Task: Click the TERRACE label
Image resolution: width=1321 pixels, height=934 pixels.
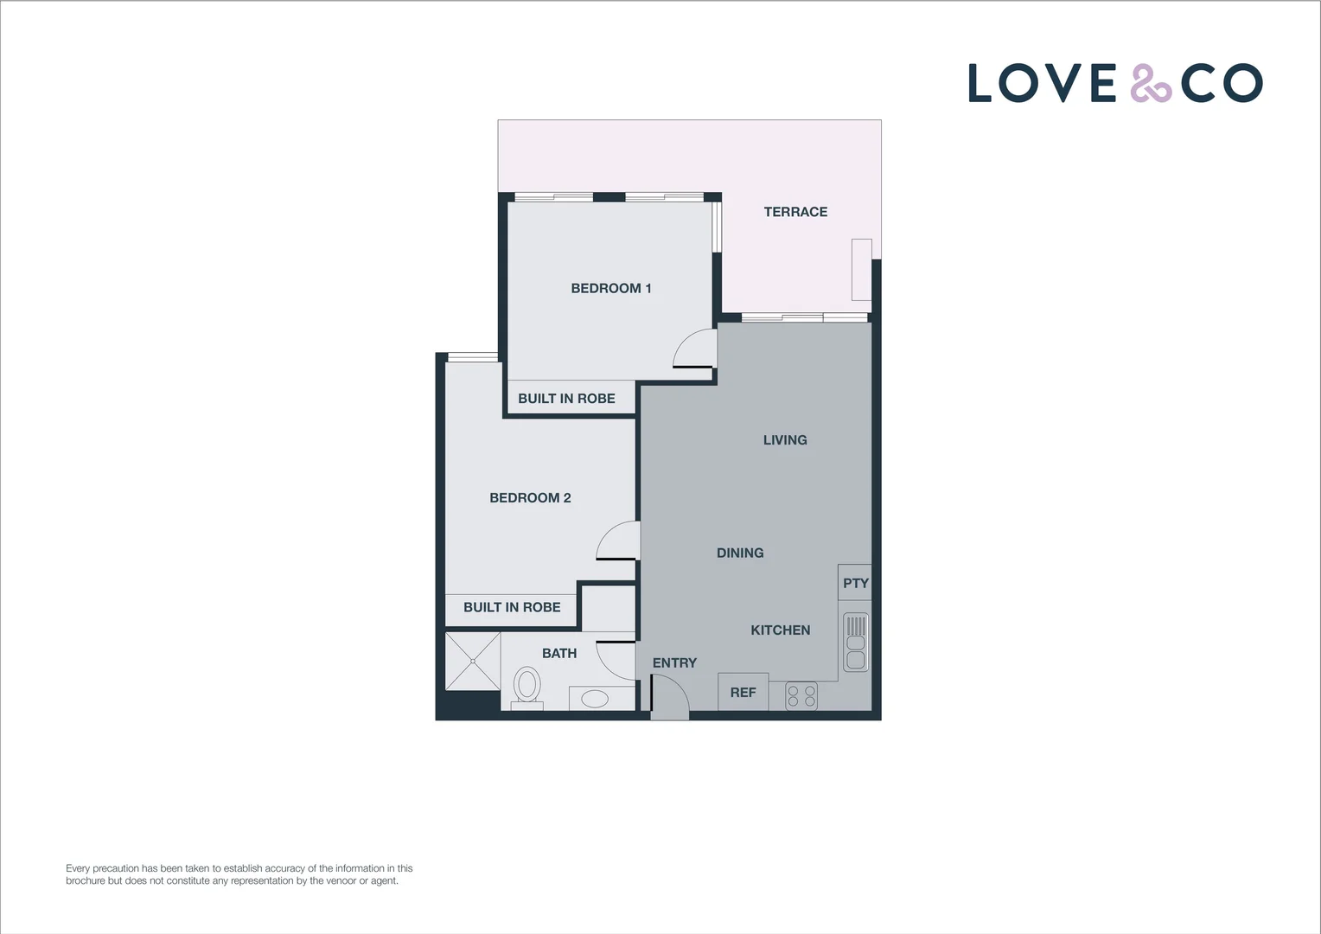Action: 795,212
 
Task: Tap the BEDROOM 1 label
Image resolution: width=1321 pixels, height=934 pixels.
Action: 610,288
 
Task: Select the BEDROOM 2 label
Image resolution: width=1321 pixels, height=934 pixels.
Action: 530,498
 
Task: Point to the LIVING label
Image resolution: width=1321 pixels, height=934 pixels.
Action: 785,440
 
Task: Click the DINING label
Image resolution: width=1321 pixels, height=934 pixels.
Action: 740,553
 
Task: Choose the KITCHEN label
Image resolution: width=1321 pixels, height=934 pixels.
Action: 780,630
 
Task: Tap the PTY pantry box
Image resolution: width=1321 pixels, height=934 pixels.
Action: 855,583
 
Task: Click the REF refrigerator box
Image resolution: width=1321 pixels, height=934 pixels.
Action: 743,692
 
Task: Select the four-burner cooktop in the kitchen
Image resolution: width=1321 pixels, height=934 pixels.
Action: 801,696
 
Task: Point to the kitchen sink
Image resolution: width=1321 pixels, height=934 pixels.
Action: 855,643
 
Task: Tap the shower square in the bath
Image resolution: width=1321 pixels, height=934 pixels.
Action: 473,662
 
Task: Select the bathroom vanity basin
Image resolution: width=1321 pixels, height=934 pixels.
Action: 594,699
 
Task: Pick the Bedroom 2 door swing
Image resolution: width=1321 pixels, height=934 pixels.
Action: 617,542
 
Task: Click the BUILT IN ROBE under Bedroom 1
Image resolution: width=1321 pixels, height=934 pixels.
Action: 566,399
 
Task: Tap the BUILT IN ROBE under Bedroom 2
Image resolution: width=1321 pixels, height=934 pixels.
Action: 512,608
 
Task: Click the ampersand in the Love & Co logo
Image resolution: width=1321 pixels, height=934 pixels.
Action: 1150,84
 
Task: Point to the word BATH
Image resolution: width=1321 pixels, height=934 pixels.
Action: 559,654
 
